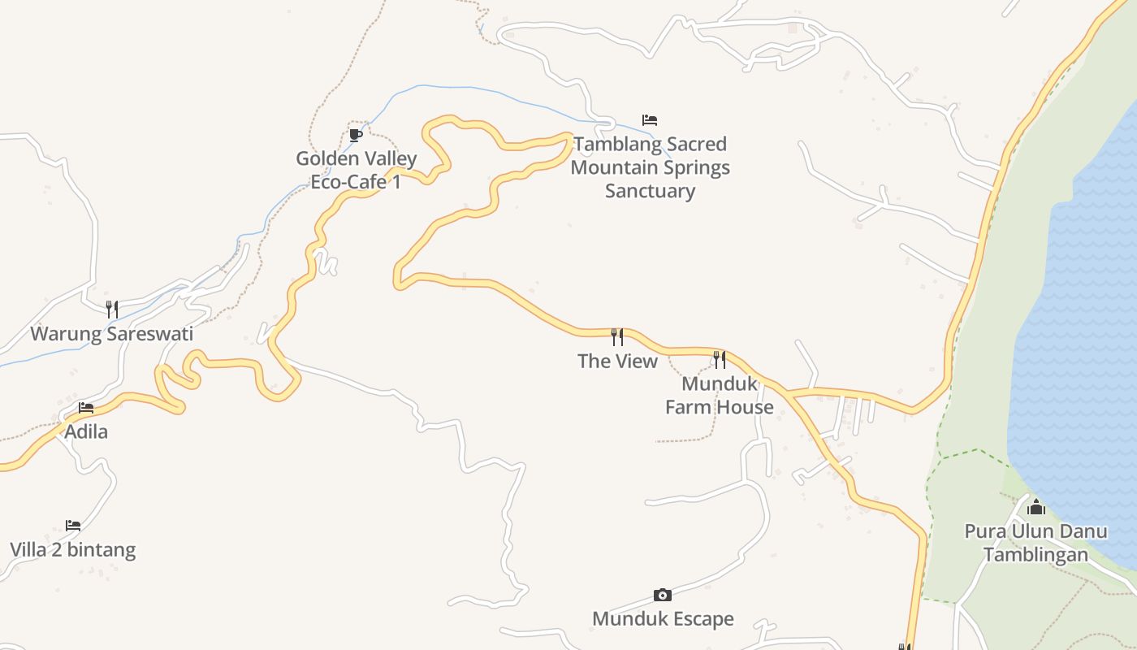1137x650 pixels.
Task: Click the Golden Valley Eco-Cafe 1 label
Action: pos(356,170)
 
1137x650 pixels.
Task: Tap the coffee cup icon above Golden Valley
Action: pos(355,135)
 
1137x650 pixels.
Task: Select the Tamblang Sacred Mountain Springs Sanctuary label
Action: pos(650,167)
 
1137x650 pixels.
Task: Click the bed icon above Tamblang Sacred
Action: pos(650,120)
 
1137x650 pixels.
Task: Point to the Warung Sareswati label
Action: pos(112,334)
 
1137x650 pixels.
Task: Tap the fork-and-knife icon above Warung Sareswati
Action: pos(112,309)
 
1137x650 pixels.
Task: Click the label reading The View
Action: pos(617,361)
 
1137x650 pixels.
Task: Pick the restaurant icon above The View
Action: pos(617,336)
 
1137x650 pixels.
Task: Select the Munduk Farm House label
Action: pos(720,395)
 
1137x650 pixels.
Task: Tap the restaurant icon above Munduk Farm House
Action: pos(720,358)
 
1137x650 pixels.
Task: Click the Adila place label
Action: pos(86,431)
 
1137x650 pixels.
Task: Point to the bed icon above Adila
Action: pos(86,407)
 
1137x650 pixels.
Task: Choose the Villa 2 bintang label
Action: pos(73,550)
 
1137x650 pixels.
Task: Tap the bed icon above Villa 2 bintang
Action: pos(73,526)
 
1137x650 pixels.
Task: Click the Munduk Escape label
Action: pos(663,619)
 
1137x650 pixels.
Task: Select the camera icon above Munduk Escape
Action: pos(663,595)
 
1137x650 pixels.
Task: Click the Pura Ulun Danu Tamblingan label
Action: pos(1035,543)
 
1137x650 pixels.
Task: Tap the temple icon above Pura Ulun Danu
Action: pos(1036,509)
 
